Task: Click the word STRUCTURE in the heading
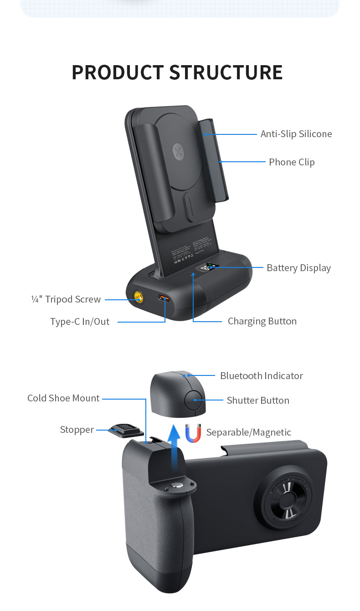pyautogui.click(x=226, y=72)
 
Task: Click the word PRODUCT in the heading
pyautogui.click(x=118, y=72)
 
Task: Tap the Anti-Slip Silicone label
pyautogui.click(x=296, y=134)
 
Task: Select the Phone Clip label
pyautogui.click(x=292, y=162)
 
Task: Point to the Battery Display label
pyautogui.click(x=298, y=268)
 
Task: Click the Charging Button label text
pyautogui.click(x=262, y=321)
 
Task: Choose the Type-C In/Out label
pyautogui.click(x=80, y=322)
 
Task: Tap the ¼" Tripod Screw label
pyautogui.click(x=66, y=299)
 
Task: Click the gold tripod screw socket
pyautogui.click(x=137, y=298)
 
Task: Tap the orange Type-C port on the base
pyautogui.click(x=165, y=298)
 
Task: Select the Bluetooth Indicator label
pyautogui.click(x=261, y=376)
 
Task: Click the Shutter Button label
pyautogui.click(x=258, y=400)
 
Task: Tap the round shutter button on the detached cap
pyautogui.click(x=194, y=400)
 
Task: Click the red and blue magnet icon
pyautogui.click(x=193, y=433)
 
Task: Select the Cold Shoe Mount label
pyautogui.click(x=63, y=398)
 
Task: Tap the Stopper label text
pyautogui.click(x=77, y=430)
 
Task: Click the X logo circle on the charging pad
pyautogui.click(x=178, y=151)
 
